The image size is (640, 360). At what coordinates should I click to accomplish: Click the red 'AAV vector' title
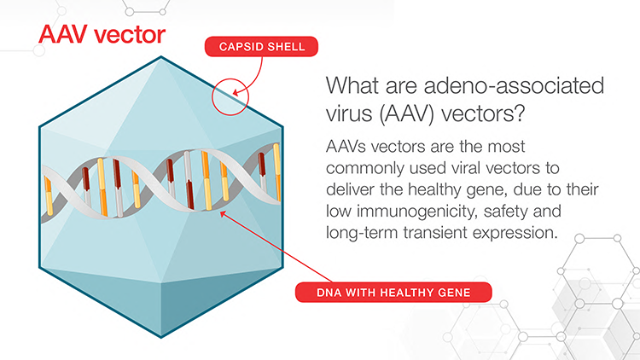tap(100, 34)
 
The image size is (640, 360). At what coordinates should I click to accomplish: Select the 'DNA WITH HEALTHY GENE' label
tap(394, 293)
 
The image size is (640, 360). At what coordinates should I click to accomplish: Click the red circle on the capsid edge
tap(230, 95)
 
